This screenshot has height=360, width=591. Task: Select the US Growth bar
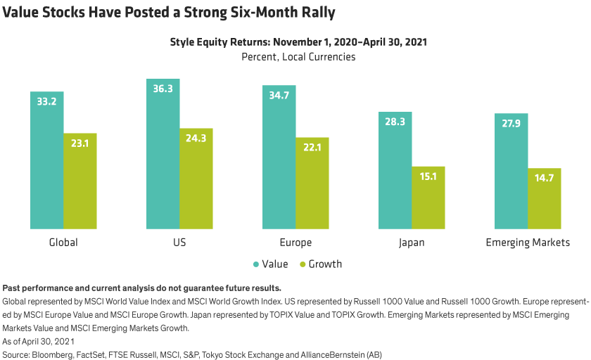(196, 179)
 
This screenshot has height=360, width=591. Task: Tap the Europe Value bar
(279, 157)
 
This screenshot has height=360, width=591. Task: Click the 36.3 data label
(163, 89)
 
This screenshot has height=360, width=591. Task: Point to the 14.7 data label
(545, 179)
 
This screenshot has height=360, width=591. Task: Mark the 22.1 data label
(312, 148)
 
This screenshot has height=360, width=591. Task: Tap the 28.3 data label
(395, 122)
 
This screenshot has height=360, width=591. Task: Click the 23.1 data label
(80, 143)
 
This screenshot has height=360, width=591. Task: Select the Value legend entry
(270, 264)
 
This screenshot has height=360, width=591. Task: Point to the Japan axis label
(412, 243)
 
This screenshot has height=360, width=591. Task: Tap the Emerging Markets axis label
(528, 243)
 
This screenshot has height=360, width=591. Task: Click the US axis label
(179, 243)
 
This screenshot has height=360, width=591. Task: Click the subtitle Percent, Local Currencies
(298, 57)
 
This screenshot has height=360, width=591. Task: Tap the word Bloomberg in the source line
(54, 354)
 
